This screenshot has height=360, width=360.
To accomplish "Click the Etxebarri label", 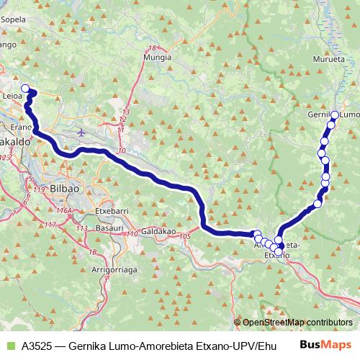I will coord(112,211).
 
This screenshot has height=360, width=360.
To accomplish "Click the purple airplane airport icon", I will coord(80,132).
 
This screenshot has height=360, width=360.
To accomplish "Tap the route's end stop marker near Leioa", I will coord(26,89).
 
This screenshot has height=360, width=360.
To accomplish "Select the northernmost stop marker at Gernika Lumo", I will coord(335,114).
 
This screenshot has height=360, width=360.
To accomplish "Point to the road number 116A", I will coord(66,210).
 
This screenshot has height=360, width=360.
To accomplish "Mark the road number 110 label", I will coord(132,234).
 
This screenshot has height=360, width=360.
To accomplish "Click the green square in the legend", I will coord(10,346).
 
